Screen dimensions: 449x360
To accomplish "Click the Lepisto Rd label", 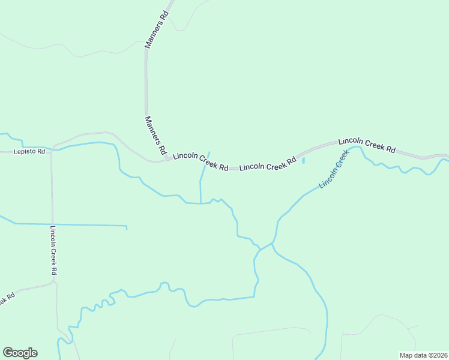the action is pos(29,152).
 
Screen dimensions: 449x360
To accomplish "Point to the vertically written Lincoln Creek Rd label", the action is pos(53,250).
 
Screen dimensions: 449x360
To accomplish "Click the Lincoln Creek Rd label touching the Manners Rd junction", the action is pos(200,161).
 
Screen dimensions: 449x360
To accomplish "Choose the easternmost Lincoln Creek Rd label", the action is pos(367,145).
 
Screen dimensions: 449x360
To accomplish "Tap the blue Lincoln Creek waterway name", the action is pos(334,170).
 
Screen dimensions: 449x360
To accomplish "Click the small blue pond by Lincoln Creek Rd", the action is pos(303,160).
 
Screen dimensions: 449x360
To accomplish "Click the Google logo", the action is pos(20,353).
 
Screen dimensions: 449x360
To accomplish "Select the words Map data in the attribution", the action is pos(413,355).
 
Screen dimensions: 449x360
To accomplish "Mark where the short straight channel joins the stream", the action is pos(200,203).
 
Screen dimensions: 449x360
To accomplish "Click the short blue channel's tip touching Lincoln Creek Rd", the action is pos(209,152).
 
